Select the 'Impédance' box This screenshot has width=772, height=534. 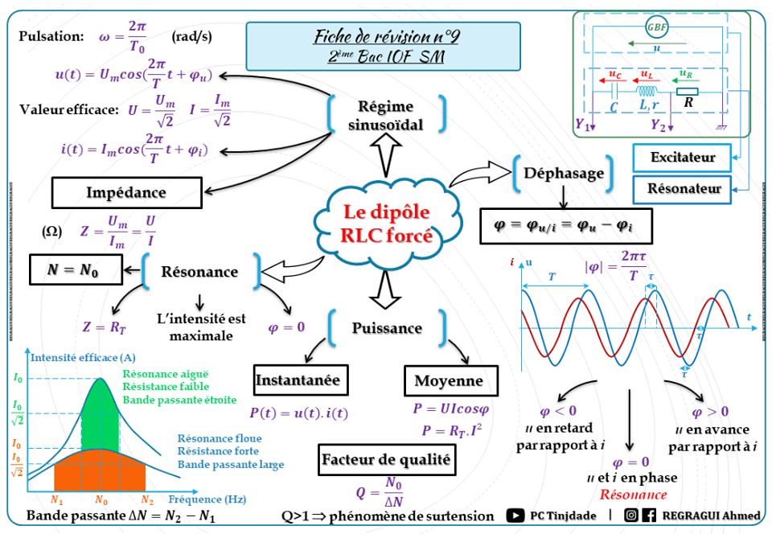pyautogui.click(x=126, y=192)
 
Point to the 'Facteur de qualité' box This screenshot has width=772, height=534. pyautogui.click(x=386, y=460)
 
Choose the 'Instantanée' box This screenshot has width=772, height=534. pyautogui.click(x=298, y=380)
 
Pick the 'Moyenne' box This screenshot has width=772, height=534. pyautogui.click(x=449, y=380)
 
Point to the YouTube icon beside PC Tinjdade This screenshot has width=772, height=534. pyautogui.click(x=515, y=515)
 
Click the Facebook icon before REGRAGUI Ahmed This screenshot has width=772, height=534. pyautogui.click(x=649, y=515)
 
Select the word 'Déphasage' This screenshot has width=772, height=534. pyautogui.click(x=560, y=173)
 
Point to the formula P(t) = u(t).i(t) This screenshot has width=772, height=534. pyautogui.click(x=297, y=414)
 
